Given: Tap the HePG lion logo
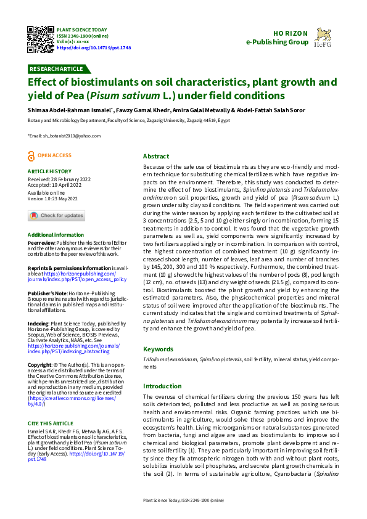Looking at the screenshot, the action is tap(324, 38).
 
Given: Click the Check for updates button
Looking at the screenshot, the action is tap(56, 215).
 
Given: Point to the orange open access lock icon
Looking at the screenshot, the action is tap(31, 157).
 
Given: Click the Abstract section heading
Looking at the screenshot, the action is tap(156, 157).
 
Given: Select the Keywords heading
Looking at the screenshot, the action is tap(159, 348).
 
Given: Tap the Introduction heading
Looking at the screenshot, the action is tap(163, 386).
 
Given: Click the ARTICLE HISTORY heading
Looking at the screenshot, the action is tap(49, 171).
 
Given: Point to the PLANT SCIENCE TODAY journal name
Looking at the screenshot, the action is tap(81, 30).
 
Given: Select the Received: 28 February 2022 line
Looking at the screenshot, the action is tap(59, 179).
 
